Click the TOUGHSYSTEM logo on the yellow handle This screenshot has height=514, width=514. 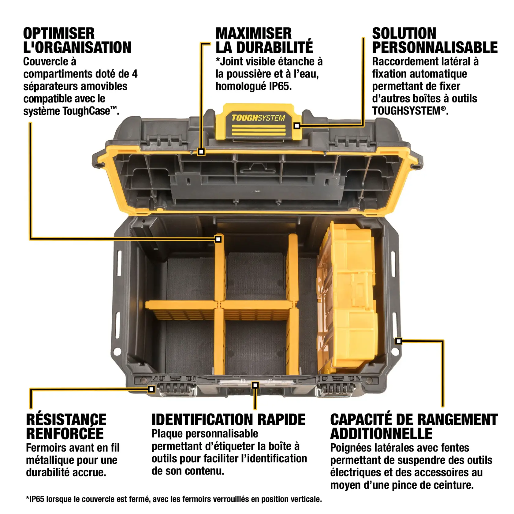pos(258,118)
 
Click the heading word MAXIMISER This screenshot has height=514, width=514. pos(254,33)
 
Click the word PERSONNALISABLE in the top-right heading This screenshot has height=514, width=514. pos(435,48)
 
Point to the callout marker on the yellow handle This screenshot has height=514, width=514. pos(296,126)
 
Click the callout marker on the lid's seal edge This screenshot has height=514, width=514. pos(201,151)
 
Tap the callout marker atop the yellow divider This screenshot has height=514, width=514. pos(218,239)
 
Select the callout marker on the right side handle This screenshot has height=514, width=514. pos(398,341)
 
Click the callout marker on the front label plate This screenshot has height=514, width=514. pos(255,385)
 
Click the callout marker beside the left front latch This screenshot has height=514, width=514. pos(151,389)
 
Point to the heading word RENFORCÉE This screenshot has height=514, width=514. pos(65,434)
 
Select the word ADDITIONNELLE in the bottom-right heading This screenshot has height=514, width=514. pos(381,434)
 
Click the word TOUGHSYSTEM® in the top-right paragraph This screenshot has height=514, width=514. pos(408,111)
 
